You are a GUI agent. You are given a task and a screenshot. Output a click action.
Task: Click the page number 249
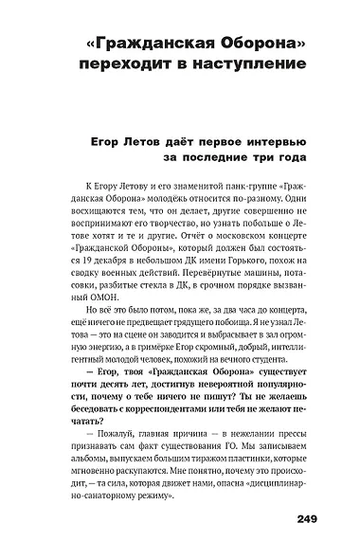[x=311, y=517]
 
